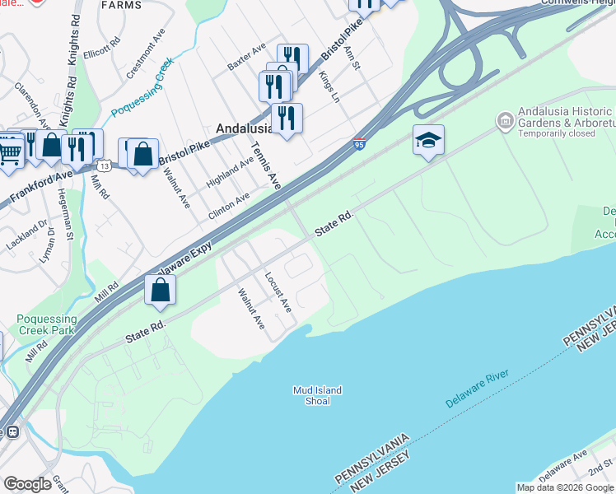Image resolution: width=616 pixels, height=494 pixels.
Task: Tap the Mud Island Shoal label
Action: tap(317, 395)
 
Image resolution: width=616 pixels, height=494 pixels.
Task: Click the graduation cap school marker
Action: tap(428, 141)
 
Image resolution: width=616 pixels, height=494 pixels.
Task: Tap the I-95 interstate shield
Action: tap(358, 144)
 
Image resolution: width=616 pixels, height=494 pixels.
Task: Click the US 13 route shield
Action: tap(105, 165)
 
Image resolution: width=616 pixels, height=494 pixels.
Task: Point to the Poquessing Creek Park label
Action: tap(46, 324)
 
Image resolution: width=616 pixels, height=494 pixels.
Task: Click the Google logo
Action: tap(28, 484)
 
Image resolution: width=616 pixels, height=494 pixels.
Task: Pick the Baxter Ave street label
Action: tap(246, 68)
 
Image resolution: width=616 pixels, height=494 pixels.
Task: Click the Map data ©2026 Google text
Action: tap(565, 487)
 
